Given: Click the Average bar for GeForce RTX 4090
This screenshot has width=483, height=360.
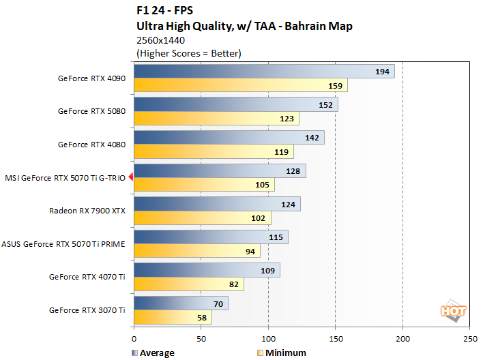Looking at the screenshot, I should pyautogui.click(x=264, y=72).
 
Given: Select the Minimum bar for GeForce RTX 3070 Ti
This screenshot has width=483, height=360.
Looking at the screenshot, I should pyautogui.click(x=173, y=318).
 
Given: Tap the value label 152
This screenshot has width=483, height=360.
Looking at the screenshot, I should pyautogui.click(x=325, y=105).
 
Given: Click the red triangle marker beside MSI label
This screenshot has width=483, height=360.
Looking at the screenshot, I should pyautogui.click(x=130, y=177).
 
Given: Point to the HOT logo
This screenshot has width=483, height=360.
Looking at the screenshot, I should pyautogui.click(x=454, y=311).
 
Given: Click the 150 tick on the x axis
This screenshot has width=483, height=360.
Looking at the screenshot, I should pyautogui.click(x=336, y=338).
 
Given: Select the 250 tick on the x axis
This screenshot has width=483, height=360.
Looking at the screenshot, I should pyautogui.click(x=470, y=338).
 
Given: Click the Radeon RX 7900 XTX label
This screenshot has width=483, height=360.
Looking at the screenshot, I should pyautogui.click(x=87, y=211).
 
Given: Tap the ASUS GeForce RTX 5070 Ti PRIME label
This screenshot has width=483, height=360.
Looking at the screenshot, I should pyautogui.click(x=63, y=243).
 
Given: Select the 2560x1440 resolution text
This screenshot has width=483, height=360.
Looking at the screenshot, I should pyautogui.click(x=162, y=40).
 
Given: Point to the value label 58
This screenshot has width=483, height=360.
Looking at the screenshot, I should pyautogui.click(x=202, y=318).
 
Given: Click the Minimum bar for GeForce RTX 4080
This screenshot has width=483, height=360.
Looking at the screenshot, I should pyautogui.click(x=214, y=152).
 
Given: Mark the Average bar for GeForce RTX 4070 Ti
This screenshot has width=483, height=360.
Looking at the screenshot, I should pyautogui.click(x=207, y=271).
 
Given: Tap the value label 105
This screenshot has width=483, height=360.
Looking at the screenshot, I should pyautogui.click(x=263, y=185).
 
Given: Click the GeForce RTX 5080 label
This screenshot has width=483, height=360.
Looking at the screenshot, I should pyautogui.click(x=91, y=111).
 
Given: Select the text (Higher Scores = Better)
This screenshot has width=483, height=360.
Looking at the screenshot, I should pyautogui.click(x=190, y=52).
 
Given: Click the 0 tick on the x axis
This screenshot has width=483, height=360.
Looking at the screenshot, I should pyautogui.click(x=134, y=338).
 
